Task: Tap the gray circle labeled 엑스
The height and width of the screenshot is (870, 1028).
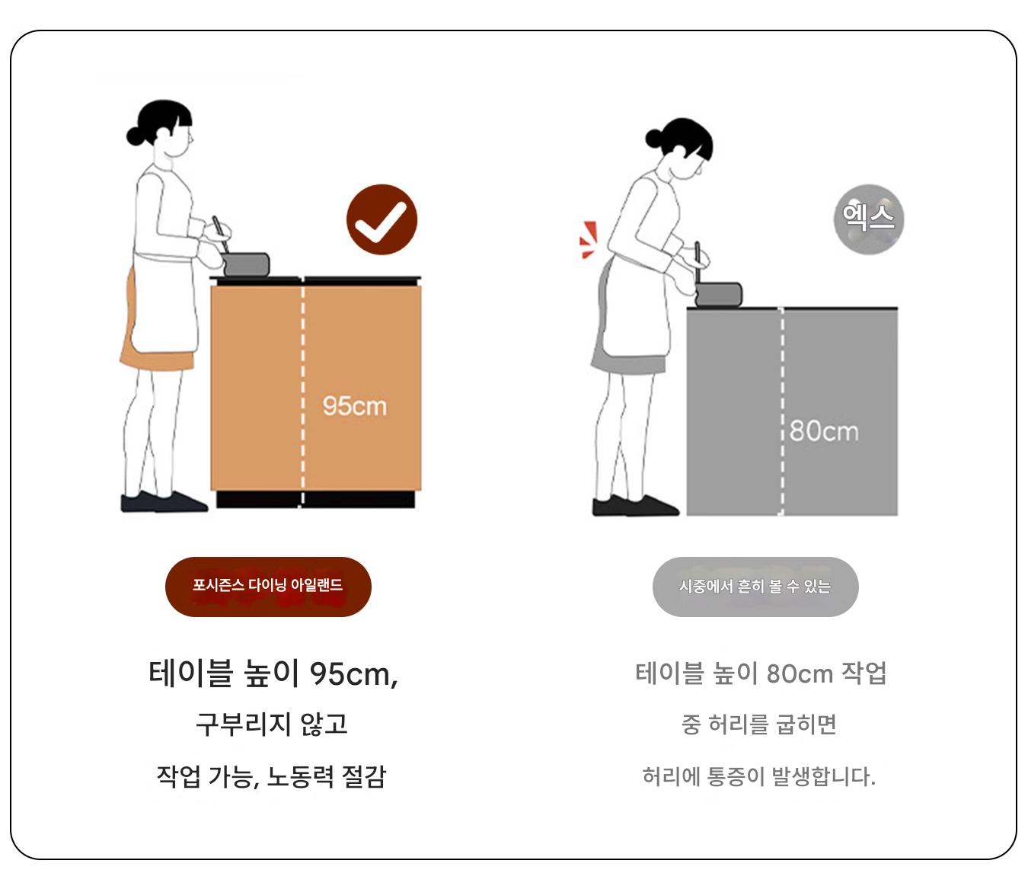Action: [x=868, y=219]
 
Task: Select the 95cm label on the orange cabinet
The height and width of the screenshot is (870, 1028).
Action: [x=354, y=406]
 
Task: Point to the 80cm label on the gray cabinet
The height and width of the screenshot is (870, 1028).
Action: [x=824, y=431]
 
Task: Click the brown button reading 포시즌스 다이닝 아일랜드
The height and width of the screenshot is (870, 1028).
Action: [x=268, y=587]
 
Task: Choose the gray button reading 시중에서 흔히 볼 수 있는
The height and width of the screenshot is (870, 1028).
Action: [x=755, y=587]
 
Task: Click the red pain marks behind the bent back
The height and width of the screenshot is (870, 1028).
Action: [x=589, y=240]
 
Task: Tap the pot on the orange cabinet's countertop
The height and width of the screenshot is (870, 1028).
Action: [x=245, y=264]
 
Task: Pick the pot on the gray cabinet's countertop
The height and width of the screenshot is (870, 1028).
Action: [x=719, y=294]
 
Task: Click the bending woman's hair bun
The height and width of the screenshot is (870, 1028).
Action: [x=654, y=137]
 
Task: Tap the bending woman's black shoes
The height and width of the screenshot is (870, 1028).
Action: [x=635, y=506]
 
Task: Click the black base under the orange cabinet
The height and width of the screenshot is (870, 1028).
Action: [x=315, y=500]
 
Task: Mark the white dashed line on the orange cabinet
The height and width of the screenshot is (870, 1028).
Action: [x=302, y=389]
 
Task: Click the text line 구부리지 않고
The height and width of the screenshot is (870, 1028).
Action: [x=272, y=724]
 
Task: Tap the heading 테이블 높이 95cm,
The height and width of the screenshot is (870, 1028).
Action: [x=273, y=673]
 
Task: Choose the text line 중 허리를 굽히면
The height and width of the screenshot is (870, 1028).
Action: [x=759, y=724]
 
